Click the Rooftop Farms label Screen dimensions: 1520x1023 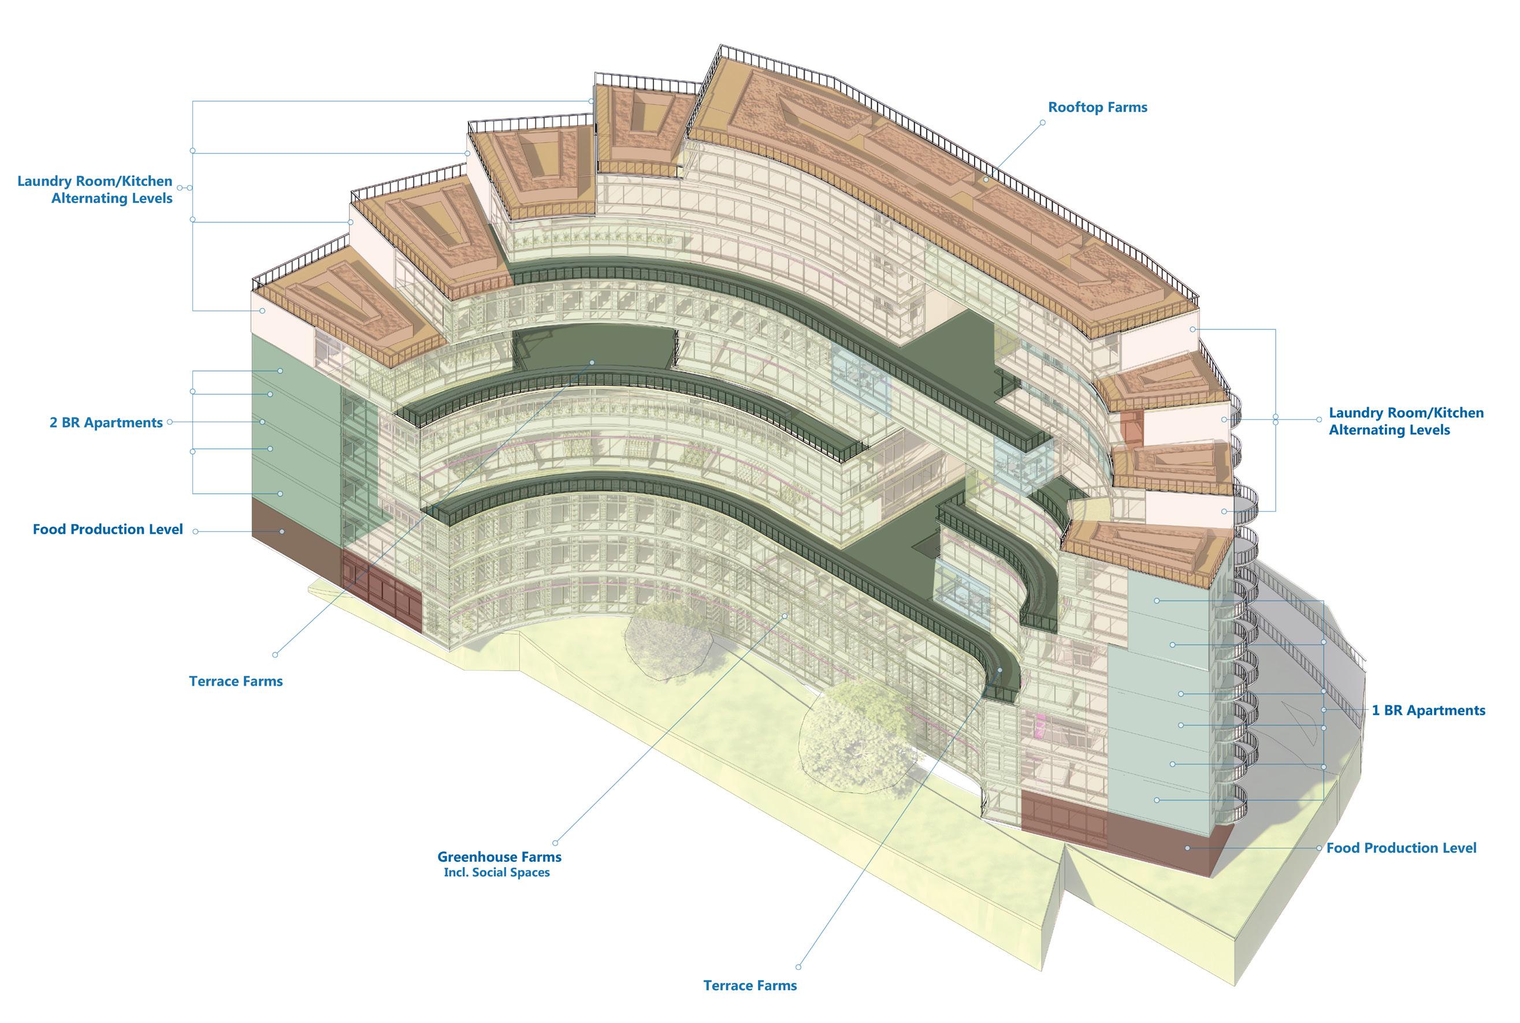pyautogui.click(x=1097, y=107)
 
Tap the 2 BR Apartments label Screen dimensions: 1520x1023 pyautogui.click(x=106, y=423)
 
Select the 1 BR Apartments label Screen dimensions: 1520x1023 pyautogui.click(x=1428, y=710)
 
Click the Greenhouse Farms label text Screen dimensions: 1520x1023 pyautogui.click(x=499, y=857)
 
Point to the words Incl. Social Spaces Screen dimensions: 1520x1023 pyautogui.click(x=496, y=873)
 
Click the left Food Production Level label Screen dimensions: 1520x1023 pyautogui.click(x=107, y=529)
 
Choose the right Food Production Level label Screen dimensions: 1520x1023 pyautogui.click(x=1401, y=848)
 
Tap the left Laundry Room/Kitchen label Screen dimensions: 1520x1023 pyautogui.click(x=95, y=190)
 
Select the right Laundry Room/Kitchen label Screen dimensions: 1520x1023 pyautogui.click(x=1406, y=422)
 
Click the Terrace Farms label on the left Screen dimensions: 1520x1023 pyautogui.click(x=236, y=682)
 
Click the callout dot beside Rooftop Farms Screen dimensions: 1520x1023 pyautogui.click(x=1042, y=122)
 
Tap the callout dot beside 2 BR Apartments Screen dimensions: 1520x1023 pyautogui.click(x=170, y=422)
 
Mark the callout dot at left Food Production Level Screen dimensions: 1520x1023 pyautogui.click(x=195, y=532)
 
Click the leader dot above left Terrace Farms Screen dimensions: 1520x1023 pyautogui.click(x=274, y=654)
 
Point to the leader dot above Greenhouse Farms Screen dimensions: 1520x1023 pyautogui.click(x=555, y=843)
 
